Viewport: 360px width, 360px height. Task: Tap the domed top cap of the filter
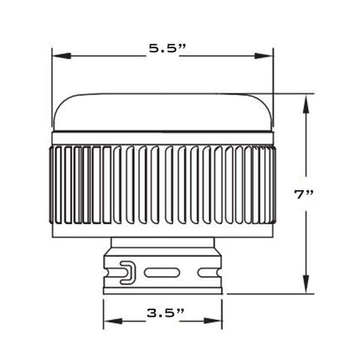point(164,108)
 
